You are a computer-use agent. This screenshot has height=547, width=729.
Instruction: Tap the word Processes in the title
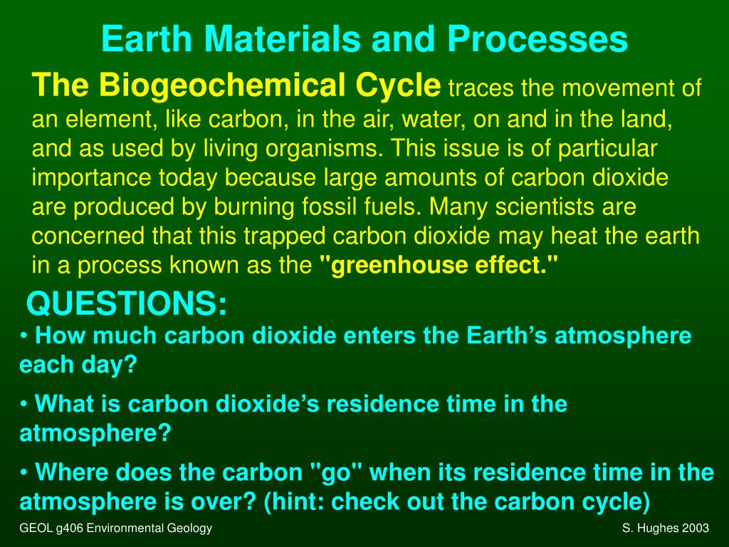[547, 40]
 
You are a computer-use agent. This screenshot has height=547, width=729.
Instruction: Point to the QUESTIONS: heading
[127, 305]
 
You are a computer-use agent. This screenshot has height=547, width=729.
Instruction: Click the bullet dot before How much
[25, 335]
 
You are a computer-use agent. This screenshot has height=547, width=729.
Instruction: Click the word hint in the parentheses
[295, 501]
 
